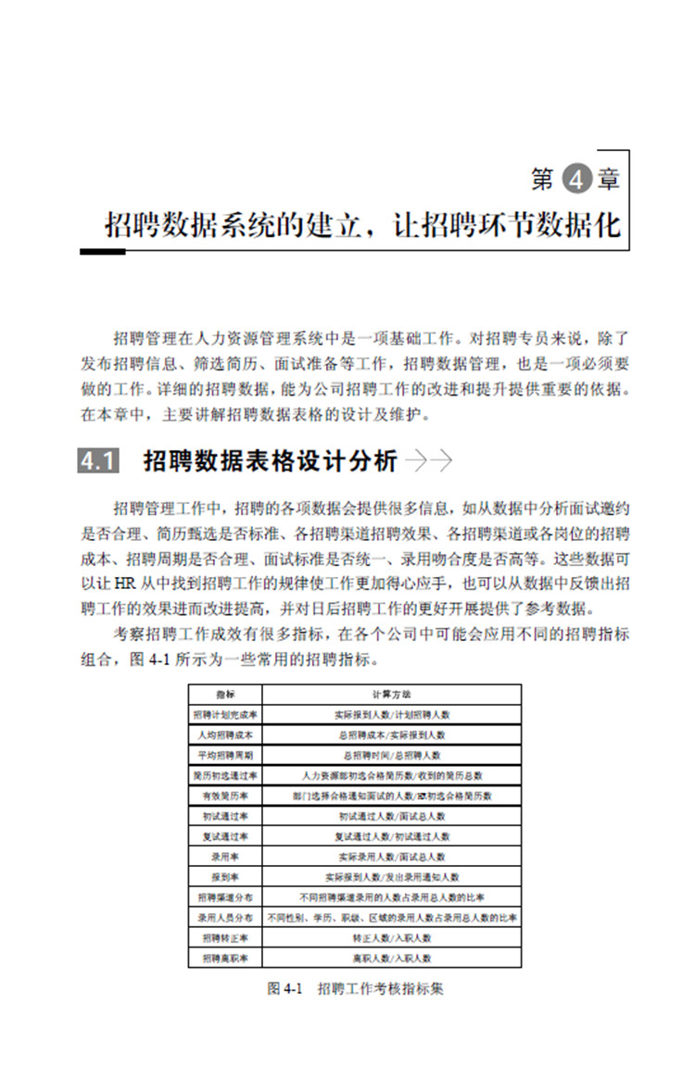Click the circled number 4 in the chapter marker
click(576, 179)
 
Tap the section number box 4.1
click(99, 461)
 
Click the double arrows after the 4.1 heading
click(428, 461)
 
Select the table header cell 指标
click(225, 694)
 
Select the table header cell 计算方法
click(391, 694)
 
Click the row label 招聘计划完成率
click(225, 714)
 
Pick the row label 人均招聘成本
click(225, 734)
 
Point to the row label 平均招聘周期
click(225, 755)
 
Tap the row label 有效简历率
click(225, 796)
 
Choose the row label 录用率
click(225, 857)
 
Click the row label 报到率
click(225, 877)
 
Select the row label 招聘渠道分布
click(225, 897)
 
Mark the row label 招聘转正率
click(225, 938)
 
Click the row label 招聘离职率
click(225, 959)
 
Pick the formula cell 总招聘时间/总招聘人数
click(391, 755)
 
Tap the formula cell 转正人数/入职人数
click(391, 938)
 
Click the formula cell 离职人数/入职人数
click(391, 959)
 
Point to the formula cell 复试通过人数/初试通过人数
click(391, 836)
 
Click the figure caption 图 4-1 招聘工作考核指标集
click(355, 988)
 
